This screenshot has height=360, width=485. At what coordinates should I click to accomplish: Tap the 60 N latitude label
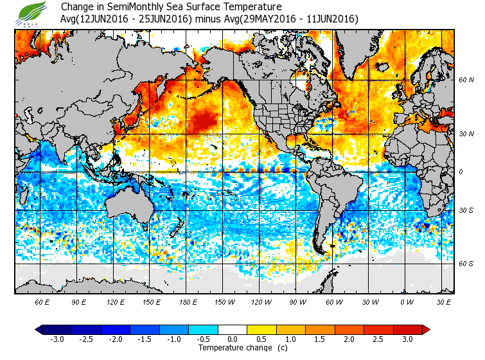(466, 81)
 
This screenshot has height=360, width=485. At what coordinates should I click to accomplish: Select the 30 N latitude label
(466, 134)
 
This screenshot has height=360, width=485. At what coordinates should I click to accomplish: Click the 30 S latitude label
(466, 211)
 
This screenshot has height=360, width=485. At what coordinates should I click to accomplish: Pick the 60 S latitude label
(466, 264)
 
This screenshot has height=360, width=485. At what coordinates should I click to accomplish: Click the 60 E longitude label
(42, 301)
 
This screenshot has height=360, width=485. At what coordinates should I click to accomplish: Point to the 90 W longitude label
(297, 301)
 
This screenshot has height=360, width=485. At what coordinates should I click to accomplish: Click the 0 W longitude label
(407, 301)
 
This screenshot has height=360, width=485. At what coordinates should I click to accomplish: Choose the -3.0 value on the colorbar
(57, 339)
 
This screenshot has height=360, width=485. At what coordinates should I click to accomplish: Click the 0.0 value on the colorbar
(233, 339)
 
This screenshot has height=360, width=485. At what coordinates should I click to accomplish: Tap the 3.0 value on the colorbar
(408, 339)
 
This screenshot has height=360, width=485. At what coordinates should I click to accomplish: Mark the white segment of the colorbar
(233, 330)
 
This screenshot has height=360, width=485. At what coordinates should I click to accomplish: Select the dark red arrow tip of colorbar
(425, 330)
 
